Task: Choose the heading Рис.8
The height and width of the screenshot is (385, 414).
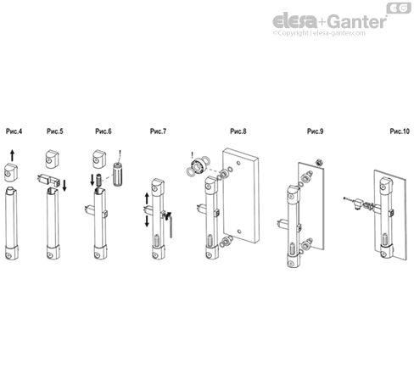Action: click(x=238, y=131)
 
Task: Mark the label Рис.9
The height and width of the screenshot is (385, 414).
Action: click(x=315, y=131)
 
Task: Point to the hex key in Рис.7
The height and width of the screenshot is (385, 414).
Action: click(x=171, y=226)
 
